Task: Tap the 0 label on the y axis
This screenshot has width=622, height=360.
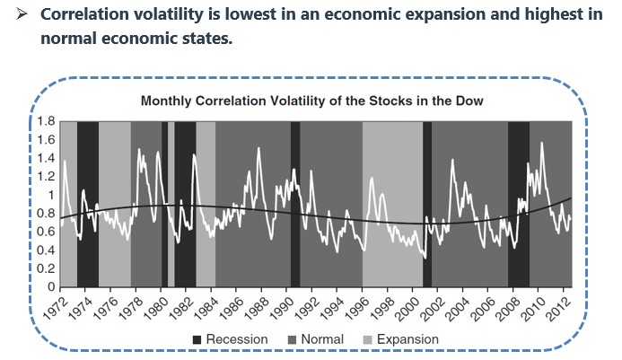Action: [50, 287]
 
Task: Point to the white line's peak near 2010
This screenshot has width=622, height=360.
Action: [541, 143]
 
